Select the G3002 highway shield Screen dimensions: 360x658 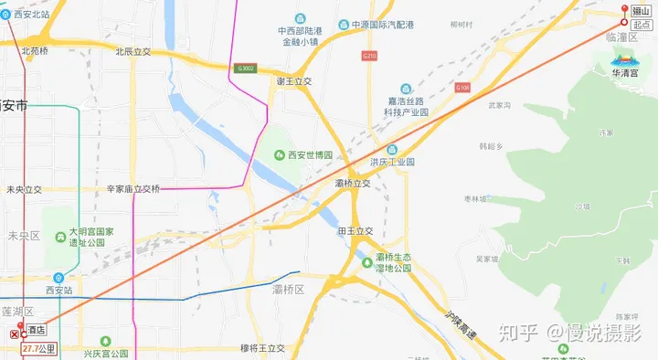coord(246,68)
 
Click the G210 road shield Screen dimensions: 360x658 coord(369,56)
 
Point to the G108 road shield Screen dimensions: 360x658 coord(462,88)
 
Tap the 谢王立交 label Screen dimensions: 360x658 coord(294,81)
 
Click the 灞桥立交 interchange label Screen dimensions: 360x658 coord(353,184)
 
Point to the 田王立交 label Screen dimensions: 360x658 coord(356,231)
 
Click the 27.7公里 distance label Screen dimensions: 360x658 coord(39,348)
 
